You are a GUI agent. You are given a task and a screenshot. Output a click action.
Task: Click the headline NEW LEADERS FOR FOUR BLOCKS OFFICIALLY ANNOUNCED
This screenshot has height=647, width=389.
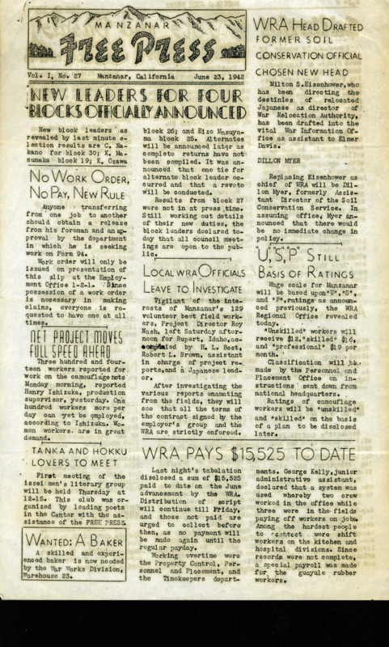(x=131, y=106)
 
